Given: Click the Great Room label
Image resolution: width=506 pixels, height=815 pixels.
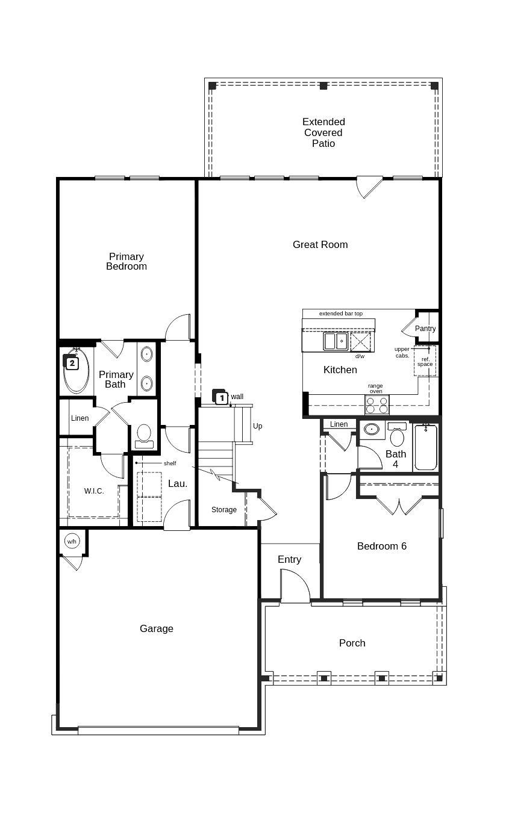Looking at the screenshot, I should tap(320, 244).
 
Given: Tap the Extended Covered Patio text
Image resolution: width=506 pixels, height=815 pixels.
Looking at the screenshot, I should tap(323, 132).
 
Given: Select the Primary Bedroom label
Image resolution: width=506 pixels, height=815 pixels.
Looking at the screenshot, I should tap(126, 261).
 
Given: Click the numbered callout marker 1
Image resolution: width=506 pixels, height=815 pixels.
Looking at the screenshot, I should tap(221, 398).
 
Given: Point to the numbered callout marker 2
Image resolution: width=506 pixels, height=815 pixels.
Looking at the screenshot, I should tap(72, 363).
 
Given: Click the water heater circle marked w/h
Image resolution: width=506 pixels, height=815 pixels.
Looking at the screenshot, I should tap(72, 542).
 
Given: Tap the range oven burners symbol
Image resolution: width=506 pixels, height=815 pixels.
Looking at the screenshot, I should tap(376, 405).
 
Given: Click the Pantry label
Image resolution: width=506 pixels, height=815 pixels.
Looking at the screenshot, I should tap(425, 329).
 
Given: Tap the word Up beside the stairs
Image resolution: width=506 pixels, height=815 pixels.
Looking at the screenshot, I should tap(258, 426).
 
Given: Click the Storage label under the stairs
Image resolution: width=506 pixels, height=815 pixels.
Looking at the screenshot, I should tap(224, 510).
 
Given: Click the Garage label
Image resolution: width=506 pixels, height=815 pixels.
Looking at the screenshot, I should tap(157, 628).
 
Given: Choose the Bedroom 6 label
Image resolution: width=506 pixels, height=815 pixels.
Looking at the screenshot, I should tap(382, 546).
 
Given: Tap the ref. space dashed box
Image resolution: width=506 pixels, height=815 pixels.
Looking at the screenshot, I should tap(425, 361).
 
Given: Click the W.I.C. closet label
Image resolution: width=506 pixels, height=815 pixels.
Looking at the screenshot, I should tap(94, 491).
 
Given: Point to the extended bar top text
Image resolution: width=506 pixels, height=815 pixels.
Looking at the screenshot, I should tap(341, 314).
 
